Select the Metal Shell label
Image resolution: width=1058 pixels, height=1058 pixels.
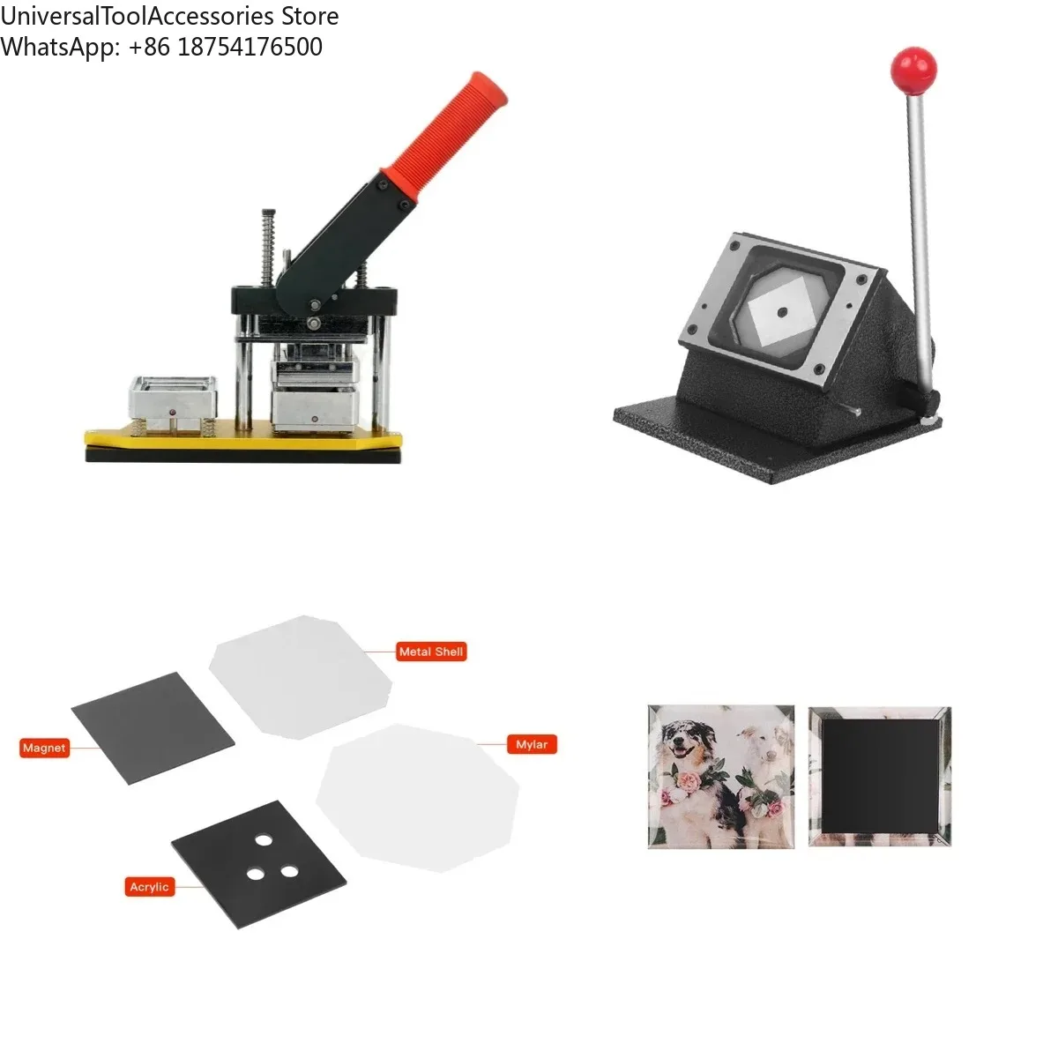click(x=430, y=652)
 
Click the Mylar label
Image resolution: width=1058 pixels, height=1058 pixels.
click(x=532, y=744)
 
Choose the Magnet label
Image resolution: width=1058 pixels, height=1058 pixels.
click(x=44, y=748)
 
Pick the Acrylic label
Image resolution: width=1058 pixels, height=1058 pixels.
click(x=148, y=887)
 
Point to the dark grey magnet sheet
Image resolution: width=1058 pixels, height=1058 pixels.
click(x=153, y=727)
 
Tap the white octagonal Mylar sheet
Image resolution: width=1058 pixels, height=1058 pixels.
click(x=417, y=796)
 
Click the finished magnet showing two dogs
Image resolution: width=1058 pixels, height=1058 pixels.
click(x=721, y=777)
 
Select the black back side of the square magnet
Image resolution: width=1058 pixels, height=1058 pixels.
click(x=879, y=776)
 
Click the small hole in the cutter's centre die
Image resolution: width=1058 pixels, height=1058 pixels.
click(x=781, y=311)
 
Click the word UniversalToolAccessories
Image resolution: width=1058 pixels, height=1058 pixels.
click(x=134, y=16)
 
